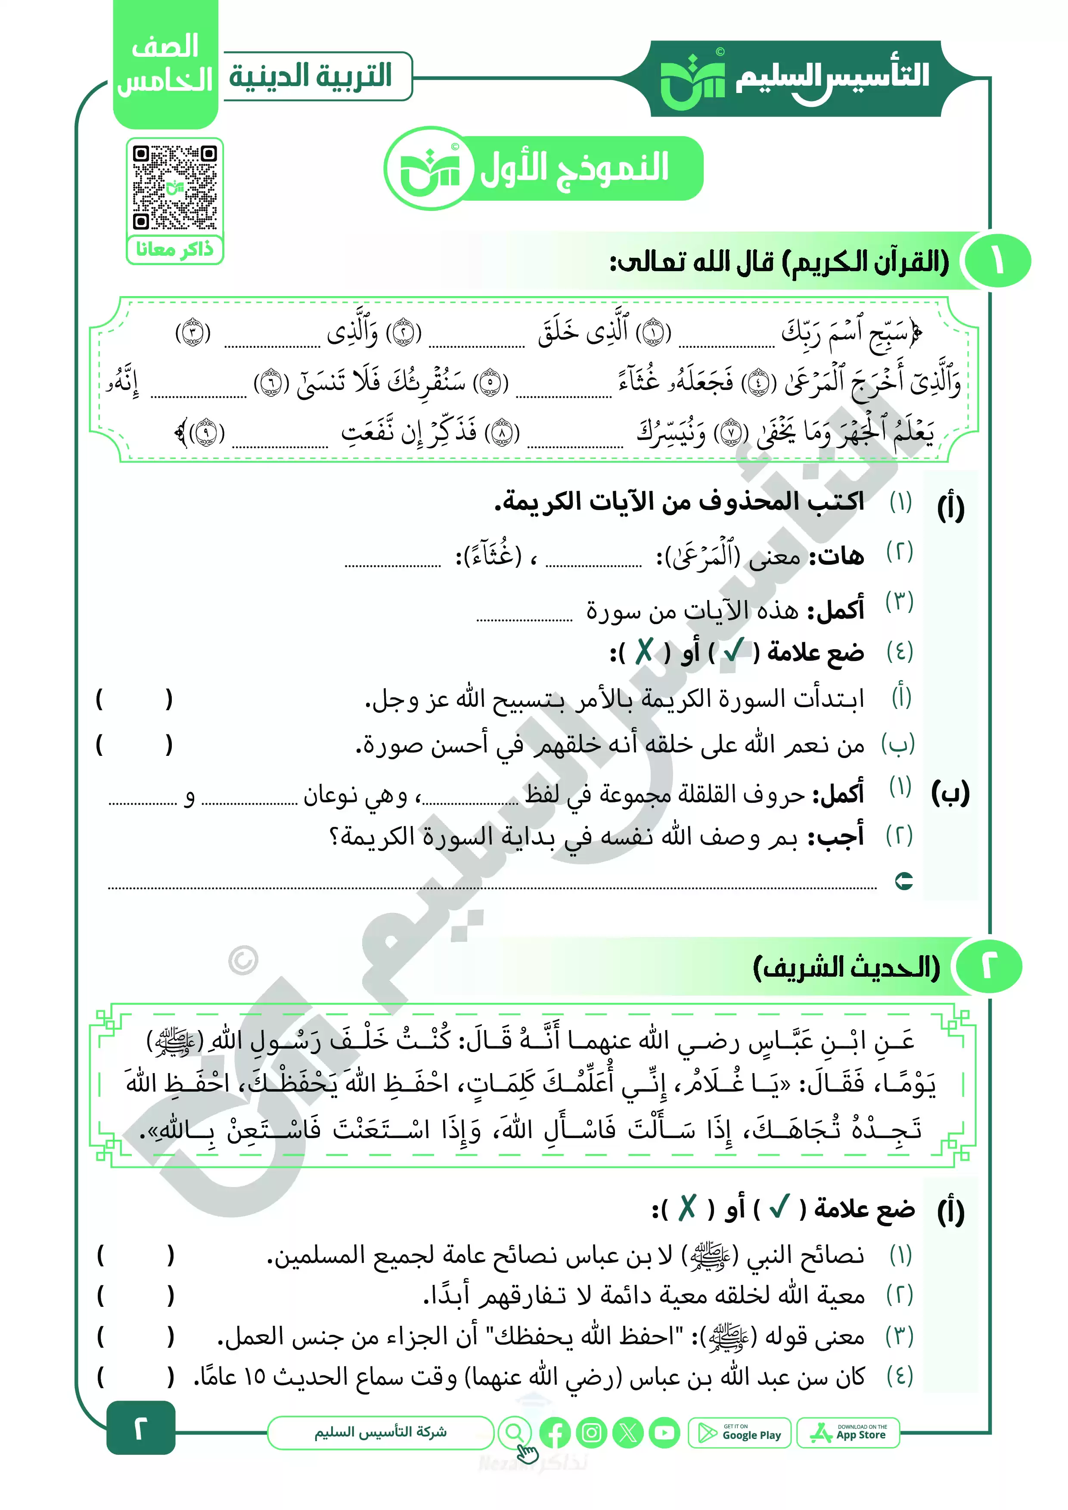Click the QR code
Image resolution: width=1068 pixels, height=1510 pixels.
(174, 187)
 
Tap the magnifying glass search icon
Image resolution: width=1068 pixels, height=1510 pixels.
(515, 1433)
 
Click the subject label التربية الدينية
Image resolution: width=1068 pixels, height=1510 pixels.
(310, 76)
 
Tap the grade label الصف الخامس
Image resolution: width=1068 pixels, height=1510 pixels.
(165, 65)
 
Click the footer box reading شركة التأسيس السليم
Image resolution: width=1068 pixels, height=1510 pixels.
(380, 1433)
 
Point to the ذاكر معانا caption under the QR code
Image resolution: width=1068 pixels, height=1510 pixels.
(174, 249)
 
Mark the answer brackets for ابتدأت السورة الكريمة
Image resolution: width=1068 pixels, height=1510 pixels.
(134, 699)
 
